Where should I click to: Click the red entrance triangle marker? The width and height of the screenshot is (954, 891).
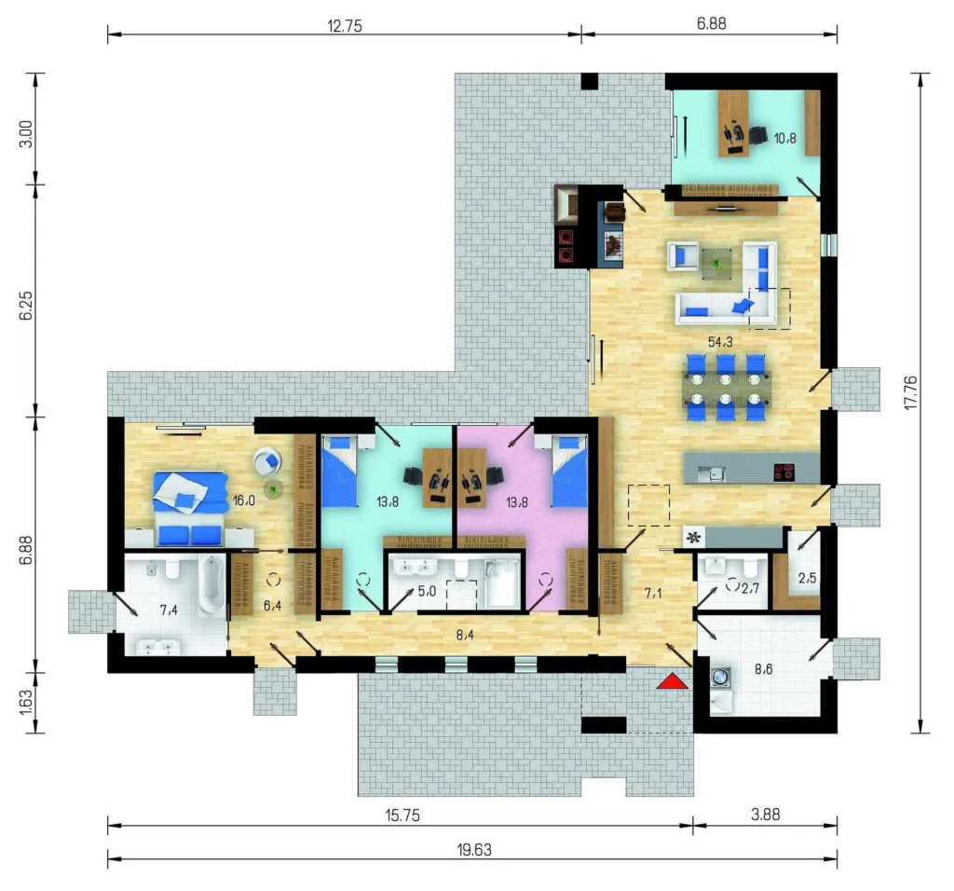tap(673, 681)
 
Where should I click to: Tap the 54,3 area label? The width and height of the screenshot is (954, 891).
tap(720, 342)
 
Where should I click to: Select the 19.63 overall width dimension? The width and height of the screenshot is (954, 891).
tap(474, 850)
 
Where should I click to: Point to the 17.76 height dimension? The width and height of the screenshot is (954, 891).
tap(911, 392)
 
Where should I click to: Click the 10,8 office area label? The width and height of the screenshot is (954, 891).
tap(784, 138)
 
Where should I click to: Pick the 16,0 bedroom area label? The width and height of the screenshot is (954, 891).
tap(244, 500)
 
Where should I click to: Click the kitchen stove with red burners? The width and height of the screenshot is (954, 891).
tap(784, 473)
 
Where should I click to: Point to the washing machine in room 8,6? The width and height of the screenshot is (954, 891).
tap(721, 677)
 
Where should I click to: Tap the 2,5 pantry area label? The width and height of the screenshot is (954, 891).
tap(808, 578)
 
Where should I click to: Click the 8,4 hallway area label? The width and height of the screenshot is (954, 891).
tap(465, 636)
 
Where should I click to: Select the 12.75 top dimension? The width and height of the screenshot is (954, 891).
tap(345, 25)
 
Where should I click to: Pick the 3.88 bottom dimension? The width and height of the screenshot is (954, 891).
tap(765, 815)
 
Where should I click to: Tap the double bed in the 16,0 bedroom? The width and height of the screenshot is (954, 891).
tap(190, 508)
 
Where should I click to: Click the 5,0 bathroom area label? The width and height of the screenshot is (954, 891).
tap(427, 591)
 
